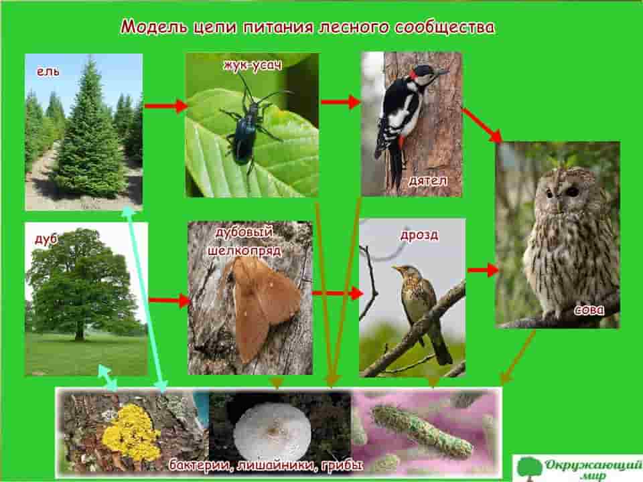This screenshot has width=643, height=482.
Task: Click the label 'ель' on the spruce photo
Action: [48, 72]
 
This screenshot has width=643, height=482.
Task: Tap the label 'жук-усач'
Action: [253, 65]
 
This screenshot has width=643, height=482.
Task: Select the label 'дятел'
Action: [428, 181]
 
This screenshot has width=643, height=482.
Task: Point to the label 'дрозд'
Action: [419, 235]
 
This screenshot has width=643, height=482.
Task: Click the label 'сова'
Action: [589, 310]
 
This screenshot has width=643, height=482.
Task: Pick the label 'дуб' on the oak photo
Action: [46, 239]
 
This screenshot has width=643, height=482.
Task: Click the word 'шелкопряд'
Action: [245, 250]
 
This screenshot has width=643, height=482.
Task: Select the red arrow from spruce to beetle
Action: [165, 106]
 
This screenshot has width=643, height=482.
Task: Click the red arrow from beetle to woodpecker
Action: [340, 102]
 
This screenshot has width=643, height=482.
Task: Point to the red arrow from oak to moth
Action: [169, 301]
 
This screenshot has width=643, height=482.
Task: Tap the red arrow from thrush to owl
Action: [483, 270]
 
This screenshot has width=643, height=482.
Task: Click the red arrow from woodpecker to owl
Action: [482, 125]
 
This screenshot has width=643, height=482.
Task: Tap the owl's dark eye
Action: [573, 191]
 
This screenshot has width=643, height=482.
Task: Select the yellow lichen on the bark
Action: [131, 433]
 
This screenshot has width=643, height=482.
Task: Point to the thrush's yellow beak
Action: [396, 268]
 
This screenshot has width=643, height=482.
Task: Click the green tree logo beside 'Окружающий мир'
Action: [529, 469]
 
